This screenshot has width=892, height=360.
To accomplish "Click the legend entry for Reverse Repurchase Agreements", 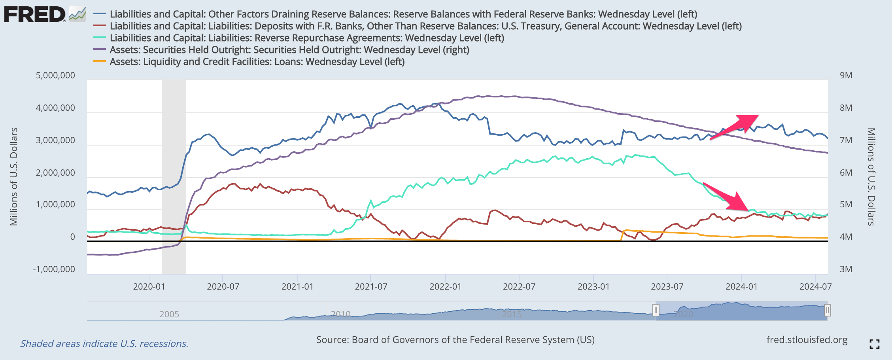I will coord(307,38).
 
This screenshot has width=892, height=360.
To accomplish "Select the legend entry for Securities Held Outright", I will coord(289,50).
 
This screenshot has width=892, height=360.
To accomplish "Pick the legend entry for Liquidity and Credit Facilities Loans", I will coord(257,62).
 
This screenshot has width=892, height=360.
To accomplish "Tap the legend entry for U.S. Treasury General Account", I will coord(425,26).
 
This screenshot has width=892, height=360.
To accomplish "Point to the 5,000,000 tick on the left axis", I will coord(55,76).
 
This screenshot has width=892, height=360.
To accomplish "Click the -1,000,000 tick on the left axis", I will coord(54,269).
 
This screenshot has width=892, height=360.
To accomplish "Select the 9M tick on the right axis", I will coord(846,76).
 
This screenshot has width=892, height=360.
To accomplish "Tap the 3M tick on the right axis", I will coord(846,269).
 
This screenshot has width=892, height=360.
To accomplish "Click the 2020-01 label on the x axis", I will coord(149,286).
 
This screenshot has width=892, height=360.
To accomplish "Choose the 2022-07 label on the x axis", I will coord(519,286).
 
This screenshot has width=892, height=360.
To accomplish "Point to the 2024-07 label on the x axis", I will coord(815,286).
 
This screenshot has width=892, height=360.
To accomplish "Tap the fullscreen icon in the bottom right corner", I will coord(875,344).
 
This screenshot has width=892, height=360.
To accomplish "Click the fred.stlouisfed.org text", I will coord(807,340).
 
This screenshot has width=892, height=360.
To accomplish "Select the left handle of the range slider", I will coord(656,310).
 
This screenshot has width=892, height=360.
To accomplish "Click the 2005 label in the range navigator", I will coord(169,314).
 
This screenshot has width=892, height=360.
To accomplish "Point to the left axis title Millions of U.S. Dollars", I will coord(14,176).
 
